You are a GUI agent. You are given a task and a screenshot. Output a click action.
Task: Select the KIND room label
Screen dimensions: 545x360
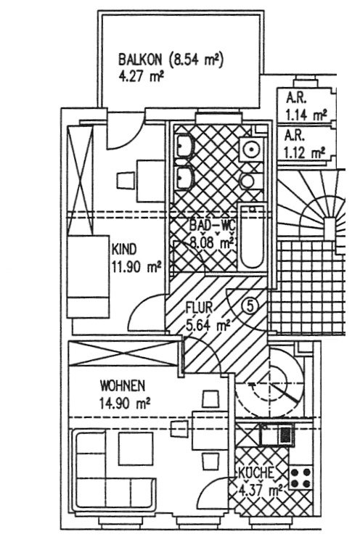point(123,250)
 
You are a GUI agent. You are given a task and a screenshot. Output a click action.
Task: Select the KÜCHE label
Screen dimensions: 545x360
point(256,474)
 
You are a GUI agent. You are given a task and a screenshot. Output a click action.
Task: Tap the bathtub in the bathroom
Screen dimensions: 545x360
point(253,237)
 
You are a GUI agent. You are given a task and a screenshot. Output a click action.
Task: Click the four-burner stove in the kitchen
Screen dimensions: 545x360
point(301,479)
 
